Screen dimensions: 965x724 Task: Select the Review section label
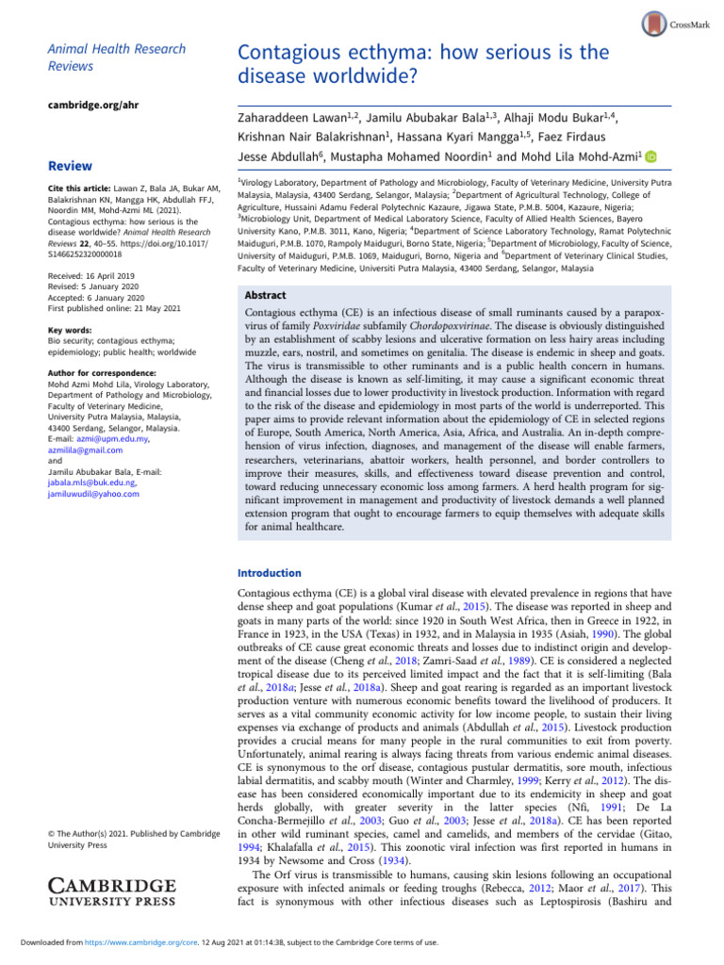coord(69,166)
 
